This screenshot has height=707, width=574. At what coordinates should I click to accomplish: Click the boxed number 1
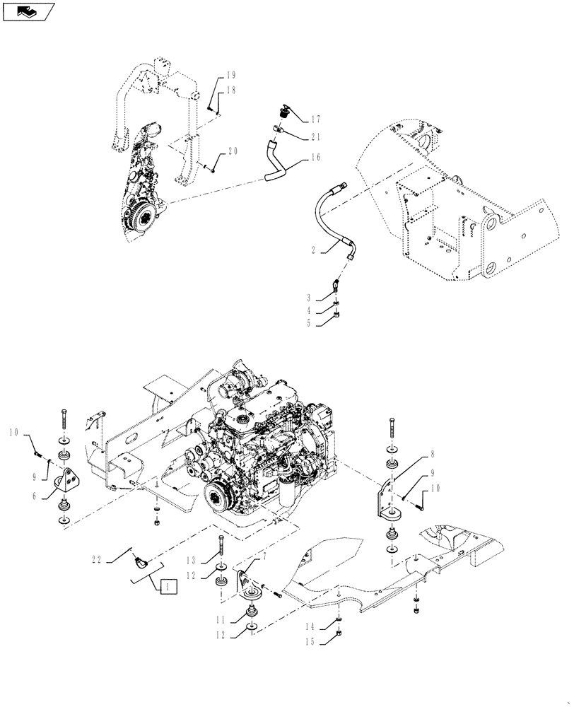coord(168,586)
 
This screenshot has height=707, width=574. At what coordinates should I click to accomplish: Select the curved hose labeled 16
coord(274,161)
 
